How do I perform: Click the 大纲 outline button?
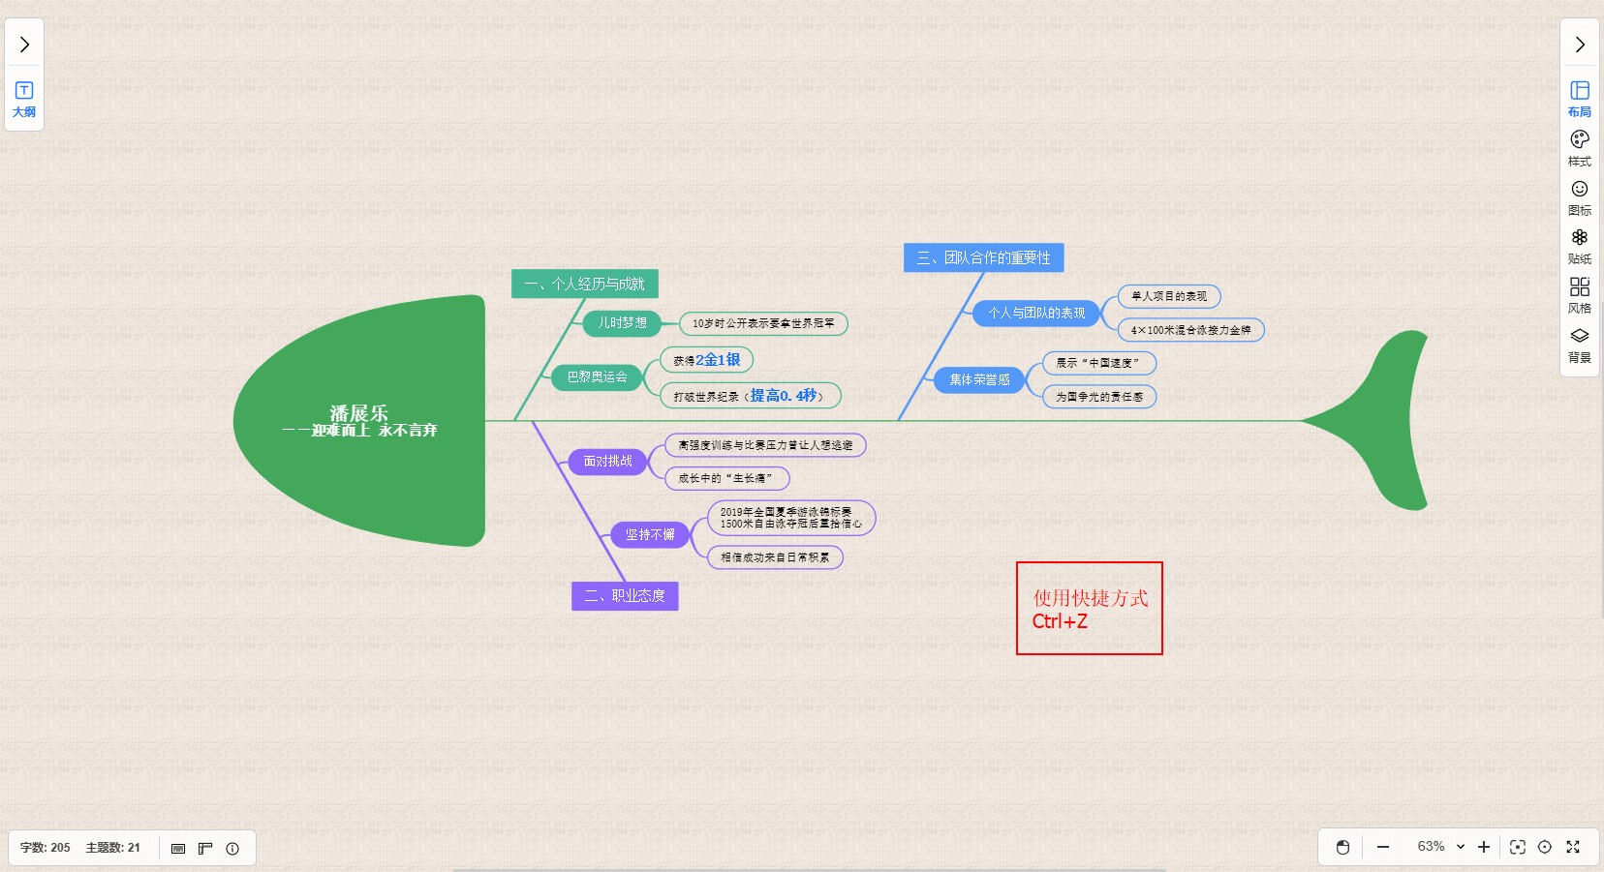24,99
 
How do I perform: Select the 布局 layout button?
1579,98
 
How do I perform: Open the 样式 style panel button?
1579,147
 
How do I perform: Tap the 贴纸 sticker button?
1579,245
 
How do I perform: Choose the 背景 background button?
1579,344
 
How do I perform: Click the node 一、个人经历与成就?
584,284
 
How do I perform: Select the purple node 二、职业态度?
625,595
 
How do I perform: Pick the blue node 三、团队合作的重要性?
983,257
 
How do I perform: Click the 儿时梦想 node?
622,323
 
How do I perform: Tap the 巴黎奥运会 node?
597,377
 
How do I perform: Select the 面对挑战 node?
607,462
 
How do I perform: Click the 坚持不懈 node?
649,535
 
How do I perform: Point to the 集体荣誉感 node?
979,380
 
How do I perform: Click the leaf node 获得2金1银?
706,360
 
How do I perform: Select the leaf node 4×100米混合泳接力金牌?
1190,330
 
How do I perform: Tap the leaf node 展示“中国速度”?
1098,363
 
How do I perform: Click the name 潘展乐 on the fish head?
358,413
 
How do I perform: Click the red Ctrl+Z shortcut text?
1060,621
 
